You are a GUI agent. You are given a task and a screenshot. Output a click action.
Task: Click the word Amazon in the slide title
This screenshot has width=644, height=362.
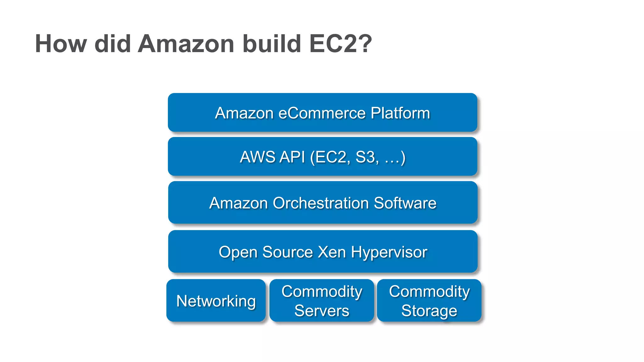pos(186,44)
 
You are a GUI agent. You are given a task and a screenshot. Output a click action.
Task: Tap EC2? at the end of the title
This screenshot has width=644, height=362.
pos(341,44)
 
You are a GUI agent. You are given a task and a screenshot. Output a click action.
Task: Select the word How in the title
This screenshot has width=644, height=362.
pos(61,44)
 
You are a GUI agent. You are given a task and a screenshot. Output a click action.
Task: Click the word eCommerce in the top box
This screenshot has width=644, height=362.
pos(322,113)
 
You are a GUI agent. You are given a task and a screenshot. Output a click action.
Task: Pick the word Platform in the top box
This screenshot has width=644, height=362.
pos(400,113)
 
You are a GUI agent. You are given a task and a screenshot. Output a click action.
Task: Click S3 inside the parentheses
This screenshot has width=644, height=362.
pos(367,157)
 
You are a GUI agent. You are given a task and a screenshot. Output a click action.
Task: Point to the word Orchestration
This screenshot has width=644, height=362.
pos(320,203)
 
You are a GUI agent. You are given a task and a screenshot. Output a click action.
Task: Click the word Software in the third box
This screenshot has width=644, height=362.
pos(405,203)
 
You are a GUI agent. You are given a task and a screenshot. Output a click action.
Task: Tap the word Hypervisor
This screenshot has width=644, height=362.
pos(389,252)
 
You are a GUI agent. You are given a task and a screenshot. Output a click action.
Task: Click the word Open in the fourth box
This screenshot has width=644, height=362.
pos(238,252)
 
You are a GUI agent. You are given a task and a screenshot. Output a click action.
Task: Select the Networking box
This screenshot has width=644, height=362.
pos(216,301)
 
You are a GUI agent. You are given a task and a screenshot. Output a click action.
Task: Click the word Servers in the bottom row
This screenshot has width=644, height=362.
pos(322,311)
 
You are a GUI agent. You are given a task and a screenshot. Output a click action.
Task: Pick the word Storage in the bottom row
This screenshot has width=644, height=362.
pos(429,311)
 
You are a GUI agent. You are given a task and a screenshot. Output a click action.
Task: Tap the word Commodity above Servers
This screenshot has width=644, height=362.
pos(322,292)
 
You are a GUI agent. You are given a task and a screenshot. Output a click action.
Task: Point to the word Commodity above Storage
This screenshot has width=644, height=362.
pos(429,292)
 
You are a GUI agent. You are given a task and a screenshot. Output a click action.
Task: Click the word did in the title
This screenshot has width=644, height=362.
pos(112,44)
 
